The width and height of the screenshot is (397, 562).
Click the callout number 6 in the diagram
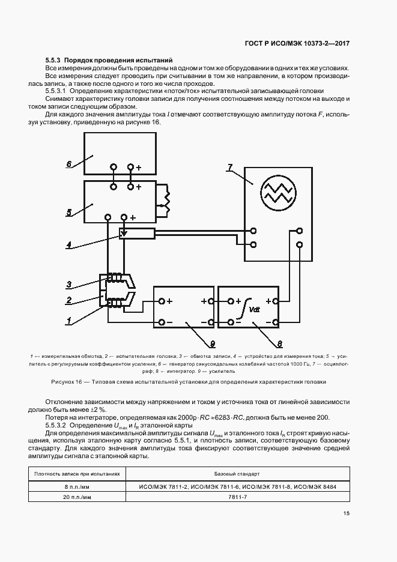[x=68, y=163]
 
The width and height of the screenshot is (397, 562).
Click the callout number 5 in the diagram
[x=68, y=211]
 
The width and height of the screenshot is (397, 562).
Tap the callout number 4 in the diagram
[x=69, y=245]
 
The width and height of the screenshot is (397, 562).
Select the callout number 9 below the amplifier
[x=212, y=343]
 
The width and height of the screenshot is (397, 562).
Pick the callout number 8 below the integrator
[x=279, y=343]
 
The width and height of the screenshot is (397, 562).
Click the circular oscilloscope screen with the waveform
[x=278, y=192]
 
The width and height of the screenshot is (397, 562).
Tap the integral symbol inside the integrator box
[x=244, y=309]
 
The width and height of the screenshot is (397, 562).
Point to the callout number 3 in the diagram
[x=69, y=284]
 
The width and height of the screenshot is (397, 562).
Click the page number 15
[x=347, y=513]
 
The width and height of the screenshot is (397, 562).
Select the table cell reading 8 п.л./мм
[x=77, y=486]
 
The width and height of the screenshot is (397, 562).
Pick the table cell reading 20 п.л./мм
[x=77, y=498]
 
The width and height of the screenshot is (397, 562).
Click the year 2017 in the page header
[x=340, y=44]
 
